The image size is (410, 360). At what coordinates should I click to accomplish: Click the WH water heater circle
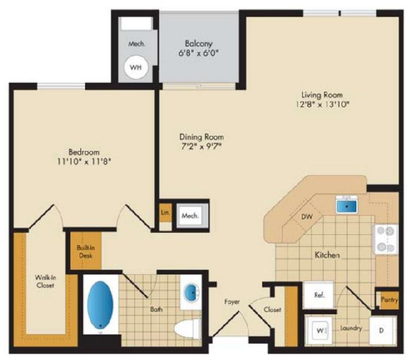pyautogui.click(x=136, y=67)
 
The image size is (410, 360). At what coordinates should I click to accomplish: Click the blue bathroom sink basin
pyautogui.click(x=193, y=293)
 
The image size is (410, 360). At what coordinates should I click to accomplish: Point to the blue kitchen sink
pyautogui.click(x=346, y=206)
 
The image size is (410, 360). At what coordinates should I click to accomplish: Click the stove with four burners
pyautogui.click(x=386, y=239)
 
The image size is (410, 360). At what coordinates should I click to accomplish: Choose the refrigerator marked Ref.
pyautogui.click(x=319, y=295)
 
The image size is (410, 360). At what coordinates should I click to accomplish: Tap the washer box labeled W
pyautogui.click(x=319, y=331)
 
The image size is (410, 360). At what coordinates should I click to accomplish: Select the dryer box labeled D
pyautogui.click(x=382, y=331)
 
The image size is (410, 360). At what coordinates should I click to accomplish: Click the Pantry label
pyautogui.click(x=389, y=299)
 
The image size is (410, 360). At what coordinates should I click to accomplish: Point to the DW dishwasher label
pyautogui.click(x=307, y=216)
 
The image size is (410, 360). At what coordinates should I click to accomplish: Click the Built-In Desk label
pyautogui.click(x=86, y=251)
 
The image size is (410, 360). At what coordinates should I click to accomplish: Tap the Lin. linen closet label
pyautogui.click(x=166, y=212)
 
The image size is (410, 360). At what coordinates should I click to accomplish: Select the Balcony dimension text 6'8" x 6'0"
pyautogui.click(x=199, y=54)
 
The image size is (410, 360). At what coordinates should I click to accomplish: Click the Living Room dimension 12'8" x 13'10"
pyautogui.click(x=322, y=104)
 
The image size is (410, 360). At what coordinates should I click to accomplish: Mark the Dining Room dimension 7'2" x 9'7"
pyautogui.click(x=201, y=146)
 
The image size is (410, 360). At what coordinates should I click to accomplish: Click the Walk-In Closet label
pyautogui.click(x=45, y=281)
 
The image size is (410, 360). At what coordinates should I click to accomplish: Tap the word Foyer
pyautogui.click(x=232, y=302)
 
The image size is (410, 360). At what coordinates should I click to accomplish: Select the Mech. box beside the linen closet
pyautogui.click(x=190, y=216)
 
